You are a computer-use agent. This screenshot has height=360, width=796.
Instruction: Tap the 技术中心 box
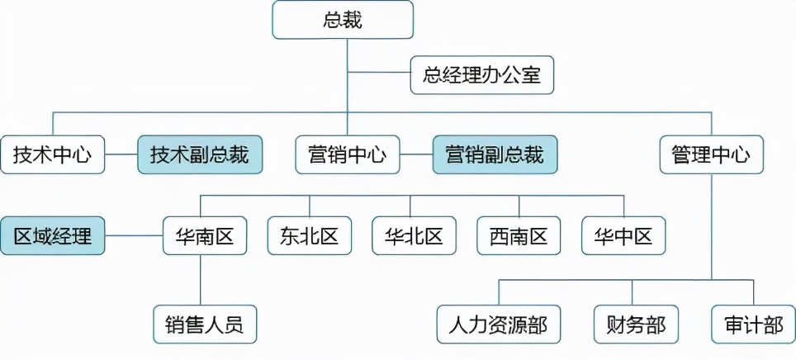click(x=53, y=154)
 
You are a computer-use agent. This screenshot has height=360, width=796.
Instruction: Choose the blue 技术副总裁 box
click(x=200, y=154)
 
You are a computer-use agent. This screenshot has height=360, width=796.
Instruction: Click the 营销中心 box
click(x=347, y=154)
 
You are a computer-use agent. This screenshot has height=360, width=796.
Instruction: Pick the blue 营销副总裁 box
click(x=495, y=154)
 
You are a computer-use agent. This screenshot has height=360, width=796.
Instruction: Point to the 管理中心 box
click(x=712, y=154)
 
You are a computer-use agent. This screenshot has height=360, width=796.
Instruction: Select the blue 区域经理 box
click(x=53, y=235)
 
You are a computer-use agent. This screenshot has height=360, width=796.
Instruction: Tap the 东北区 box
click(x=310, y=235)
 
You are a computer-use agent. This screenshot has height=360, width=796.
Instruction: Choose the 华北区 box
click(x=414, y=235)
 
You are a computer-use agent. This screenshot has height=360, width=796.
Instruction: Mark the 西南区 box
click(x=519, y=235)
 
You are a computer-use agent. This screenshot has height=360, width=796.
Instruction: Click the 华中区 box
click(x=623, y=235)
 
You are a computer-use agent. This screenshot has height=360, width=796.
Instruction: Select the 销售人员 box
click(x=204, y=324)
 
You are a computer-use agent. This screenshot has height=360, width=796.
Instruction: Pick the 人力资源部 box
click(x=498, y=324)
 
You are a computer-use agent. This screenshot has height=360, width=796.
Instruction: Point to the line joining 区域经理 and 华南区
click(x=134, y=235)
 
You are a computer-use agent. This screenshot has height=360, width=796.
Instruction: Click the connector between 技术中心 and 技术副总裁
click(x=121, y=154)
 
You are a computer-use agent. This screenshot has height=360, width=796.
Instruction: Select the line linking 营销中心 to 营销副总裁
click(x=416, y=154)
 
